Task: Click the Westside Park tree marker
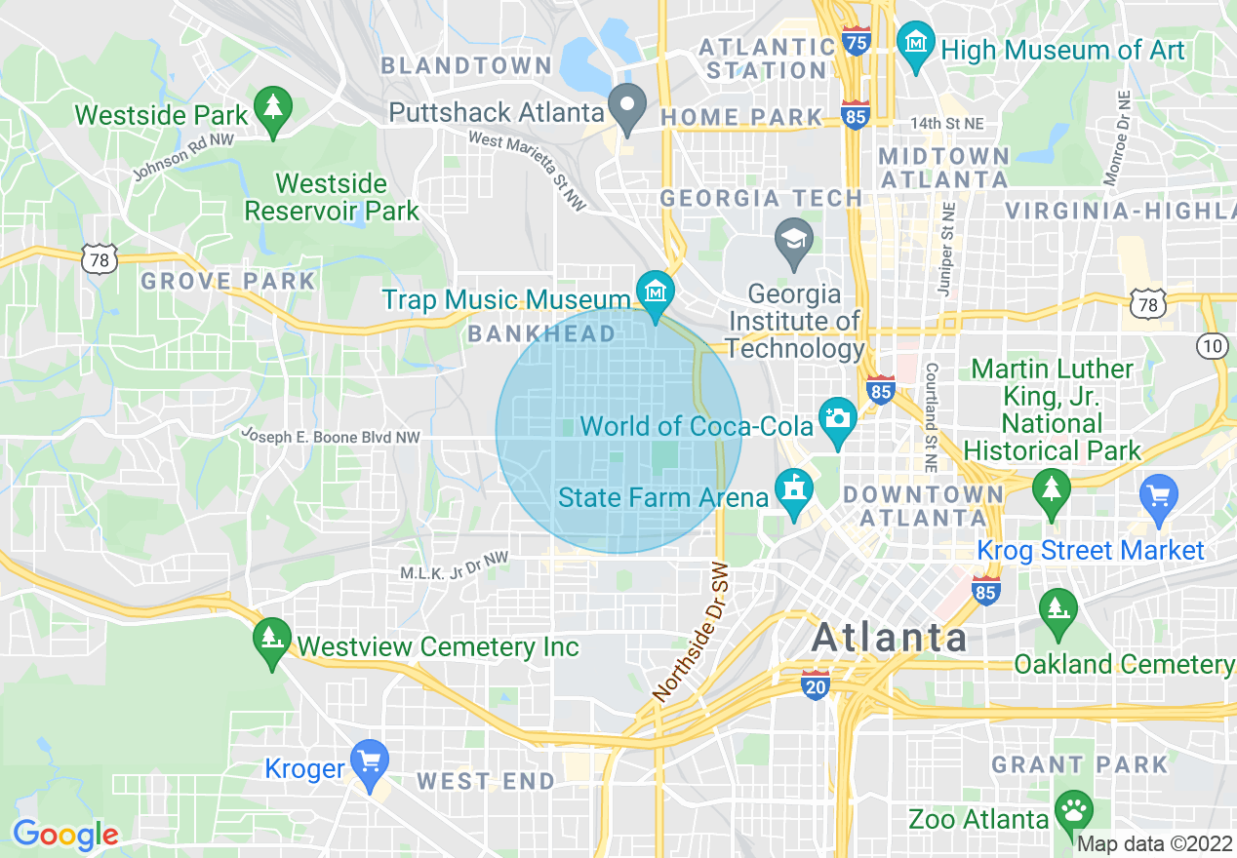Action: coord(272,108)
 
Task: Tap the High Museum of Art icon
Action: coord(916,46)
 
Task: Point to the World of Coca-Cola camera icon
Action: coord(837,420)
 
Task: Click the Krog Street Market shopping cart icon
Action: coord(1158,497)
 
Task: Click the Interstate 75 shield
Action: coord(857,41)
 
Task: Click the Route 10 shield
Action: coord(1213,344)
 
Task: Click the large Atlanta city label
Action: coord(889,638)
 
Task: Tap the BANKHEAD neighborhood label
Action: coord(541,334)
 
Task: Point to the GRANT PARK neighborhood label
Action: coord(1079,764)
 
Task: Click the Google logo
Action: coord(65,835)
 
